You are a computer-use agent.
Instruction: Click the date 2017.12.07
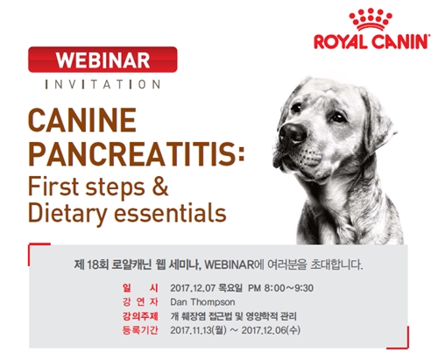[x=196, y=286]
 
